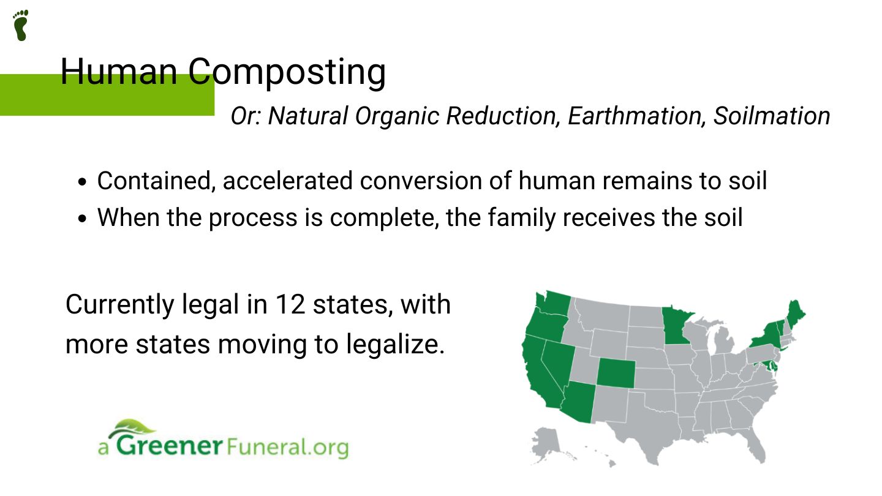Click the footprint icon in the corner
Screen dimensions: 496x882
[x=21, y=25]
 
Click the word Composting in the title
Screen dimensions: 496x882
[x=287, y=72]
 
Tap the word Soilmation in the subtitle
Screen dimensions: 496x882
[x=771, y=116]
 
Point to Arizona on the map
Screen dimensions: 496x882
[x=579, y=401]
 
